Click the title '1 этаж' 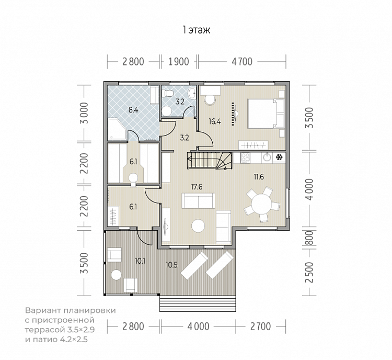tap(196, 30)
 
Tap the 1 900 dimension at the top tap(179, 62)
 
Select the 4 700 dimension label tap(242, 62)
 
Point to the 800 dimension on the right tap(309, 238)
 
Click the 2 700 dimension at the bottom tap(260, 327)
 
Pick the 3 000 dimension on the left tap(84, 113)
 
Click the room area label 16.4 tap(215, 122)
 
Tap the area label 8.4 tap(133, 110)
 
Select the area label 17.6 tap(197, 187)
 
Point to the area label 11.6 tap(259, 177)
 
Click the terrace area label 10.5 tap(171, 265)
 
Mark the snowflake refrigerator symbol tap(279, 157)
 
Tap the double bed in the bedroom tap(266, 114)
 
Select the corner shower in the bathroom tap(117, 129)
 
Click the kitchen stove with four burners tap(245, 157)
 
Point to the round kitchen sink tap(267, 157)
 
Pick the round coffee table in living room tap(198, 226)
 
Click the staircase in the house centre tap(210, 161)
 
